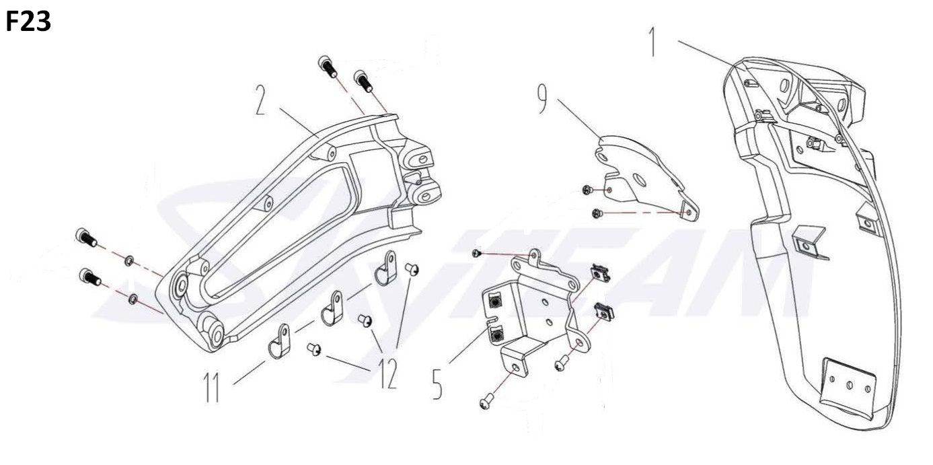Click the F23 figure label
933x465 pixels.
[28, 23]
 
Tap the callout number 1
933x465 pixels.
[652, 42]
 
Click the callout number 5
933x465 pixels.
[437, 382]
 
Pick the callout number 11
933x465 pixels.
[213, 389]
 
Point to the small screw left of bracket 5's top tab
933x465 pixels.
[476, 253]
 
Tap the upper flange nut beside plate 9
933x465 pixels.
[587, 192]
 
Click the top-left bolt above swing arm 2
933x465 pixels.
[326, 66]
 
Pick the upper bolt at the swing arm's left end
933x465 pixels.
[85, 237]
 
